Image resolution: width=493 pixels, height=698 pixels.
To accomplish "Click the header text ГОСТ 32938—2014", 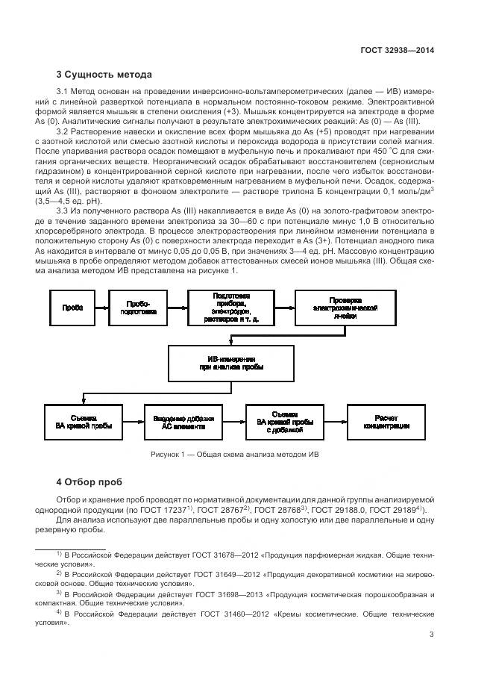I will click(x=397, y=51).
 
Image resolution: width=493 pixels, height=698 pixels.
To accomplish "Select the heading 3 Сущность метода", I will click(x=104, y=75).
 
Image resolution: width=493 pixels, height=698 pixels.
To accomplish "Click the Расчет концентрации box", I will click(x=383, y=420).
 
